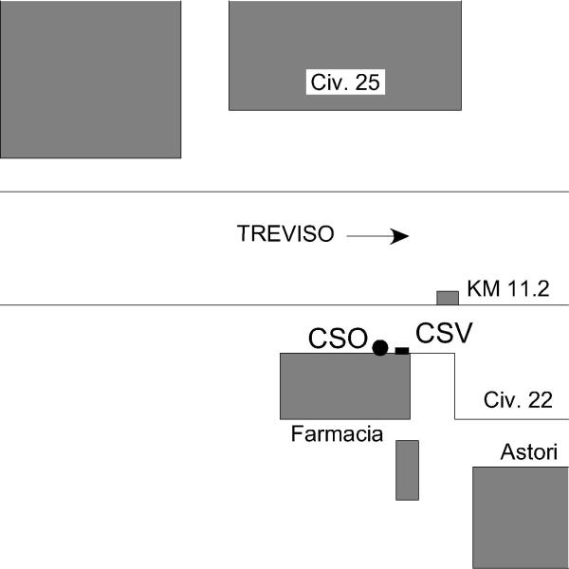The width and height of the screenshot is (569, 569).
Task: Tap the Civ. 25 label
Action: pos(345,83)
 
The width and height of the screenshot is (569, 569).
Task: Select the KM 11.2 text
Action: pos(508,289)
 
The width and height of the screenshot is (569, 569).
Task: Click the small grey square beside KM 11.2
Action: pos(448,298)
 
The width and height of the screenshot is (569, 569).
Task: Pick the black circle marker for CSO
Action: pos(380,348)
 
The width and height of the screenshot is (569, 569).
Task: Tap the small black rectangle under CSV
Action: pos(402,351)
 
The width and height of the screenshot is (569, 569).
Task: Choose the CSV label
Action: pos(444,333)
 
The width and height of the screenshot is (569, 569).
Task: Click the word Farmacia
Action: pos(337,434)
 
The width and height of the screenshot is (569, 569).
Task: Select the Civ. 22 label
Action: pos(518,400)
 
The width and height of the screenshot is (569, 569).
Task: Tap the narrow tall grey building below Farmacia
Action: pos(407,469)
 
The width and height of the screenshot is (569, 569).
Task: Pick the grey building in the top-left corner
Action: pos(90,78)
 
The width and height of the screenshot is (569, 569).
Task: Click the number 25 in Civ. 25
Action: pos(367,83)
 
